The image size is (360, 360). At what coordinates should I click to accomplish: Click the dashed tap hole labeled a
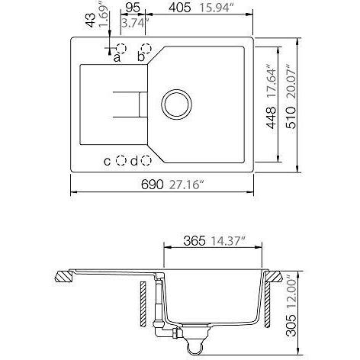[x=121, y=48]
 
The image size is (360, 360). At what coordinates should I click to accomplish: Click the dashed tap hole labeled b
[x=146, y=48]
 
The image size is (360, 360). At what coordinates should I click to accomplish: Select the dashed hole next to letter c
[x=121, y=161]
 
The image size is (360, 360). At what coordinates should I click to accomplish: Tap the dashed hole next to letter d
[x=146, y=161]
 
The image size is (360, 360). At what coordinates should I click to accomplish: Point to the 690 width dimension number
[x=153, y=185]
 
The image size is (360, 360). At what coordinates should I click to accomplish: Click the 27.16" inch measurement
[x=187, y=185]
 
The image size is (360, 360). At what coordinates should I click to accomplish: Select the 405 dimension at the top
[x=180, y=8]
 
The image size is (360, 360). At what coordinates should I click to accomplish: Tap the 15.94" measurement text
[x=216, y=8]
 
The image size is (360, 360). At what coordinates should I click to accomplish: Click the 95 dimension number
[x=133, y=8]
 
